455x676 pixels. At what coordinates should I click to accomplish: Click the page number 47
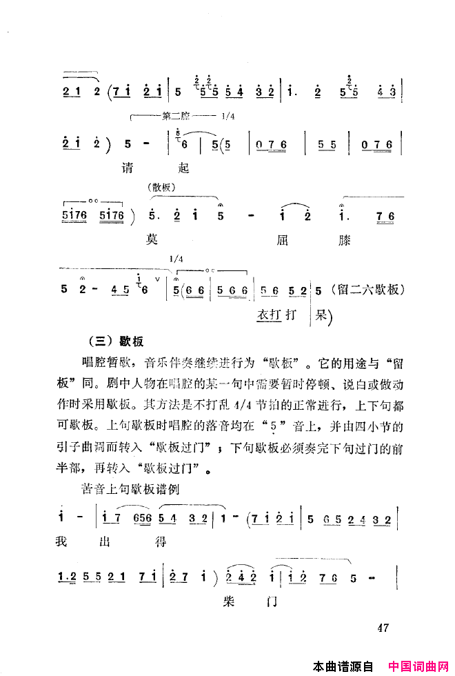(x=385, y=628)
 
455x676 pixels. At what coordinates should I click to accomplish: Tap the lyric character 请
(x=126, y=168)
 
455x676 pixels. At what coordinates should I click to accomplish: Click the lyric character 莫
(x=152, y=240)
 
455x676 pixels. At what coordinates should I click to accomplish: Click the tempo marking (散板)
(x=163, y=188)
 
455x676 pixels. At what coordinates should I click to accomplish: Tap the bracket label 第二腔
(x=181, y=117)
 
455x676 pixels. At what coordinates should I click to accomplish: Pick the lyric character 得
(x=160, y=542)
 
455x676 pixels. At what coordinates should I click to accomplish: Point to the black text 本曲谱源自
(x=343, y=666)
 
